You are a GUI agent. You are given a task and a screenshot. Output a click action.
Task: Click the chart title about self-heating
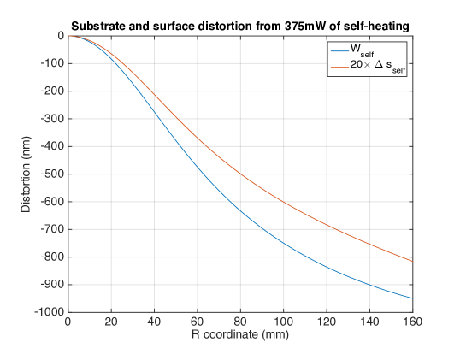click(239, 27)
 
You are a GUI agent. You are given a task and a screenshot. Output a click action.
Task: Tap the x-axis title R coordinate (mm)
click(239, 333)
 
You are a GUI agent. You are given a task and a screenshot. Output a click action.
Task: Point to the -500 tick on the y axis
click(51, 174)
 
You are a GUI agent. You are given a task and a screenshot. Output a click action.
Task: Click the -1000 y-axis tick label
click(49, 312)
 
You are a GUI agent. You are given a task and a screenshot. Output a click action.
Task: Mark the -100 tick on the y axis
click(51, 63)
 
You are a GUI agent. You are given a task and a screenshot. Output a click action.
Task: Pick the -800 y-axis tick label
click(51, 257)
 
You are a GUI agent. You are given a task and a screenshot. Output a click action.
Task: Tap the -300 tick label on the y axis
click(51, 119)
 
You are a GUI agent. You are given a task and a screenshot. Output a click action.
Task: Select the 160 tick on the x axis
click(412, 322)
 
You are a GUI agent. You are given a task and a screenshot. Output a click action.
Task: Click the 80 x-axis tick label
click(240, 322)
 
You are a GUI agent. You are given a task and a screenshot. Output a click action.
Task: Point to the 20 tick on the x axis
click(111, 322)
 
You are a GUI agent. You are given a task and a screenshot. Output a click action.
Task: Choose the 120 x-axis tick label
click(326, 322)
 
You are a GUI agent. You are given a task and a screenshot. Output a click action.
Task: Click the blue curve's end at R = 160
click(412, 298)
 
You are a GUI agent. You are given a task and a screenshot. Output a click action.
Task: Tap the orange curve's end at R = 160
click(412, 261)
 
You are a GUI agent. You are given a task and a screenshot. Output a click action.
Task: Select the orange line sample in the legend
click(333, 67)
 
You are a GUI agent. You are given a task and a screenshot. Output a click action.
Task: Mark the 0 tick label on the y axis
click(61, 36)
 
